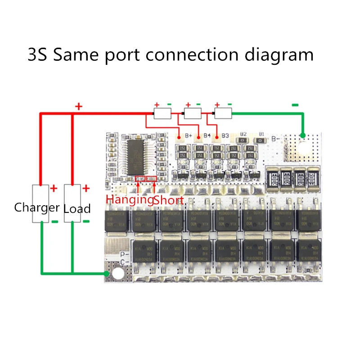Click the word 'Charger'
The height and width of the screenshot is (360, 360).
pyautogui.click(x=37, y=207)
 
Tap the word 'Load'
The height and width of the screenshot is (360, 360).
pyautogui.click(x=77, y=208)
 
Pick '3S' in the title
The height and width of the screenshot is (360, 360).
pyautogui.click(x=37, y=55)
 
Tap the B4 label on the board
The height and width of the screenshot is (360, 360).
pyautogui.click(x=207, y=135)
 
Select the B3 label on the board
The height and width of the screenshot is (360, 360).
pyautogui.click(x=225, y=135)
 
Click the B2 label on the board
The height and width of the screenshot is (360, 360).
pyautogui.click(x=243, y=134)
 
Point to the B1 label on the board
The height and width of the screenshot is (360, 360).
pyautogui.click(x=261, y=134)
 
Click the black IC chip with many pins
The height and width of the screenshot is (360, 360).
pyautogui.click(x=141, y=157)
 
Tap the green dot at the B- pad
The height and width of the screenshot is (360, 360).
pyautogui.click(x=303, y=135)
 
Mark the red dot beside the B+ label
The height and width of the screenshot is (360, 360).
pyautogui.click(x=180, y=136)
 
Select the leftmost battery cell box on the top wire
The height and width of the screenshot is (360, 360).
pyautogui.click(x=162, y=114)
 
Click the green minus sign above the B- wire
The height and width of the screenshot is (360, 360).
pyautogui.click(x=295, y=105)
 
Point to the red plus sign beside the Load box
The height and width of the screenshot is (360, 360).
pyautogui.click(x=86, y=189)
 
